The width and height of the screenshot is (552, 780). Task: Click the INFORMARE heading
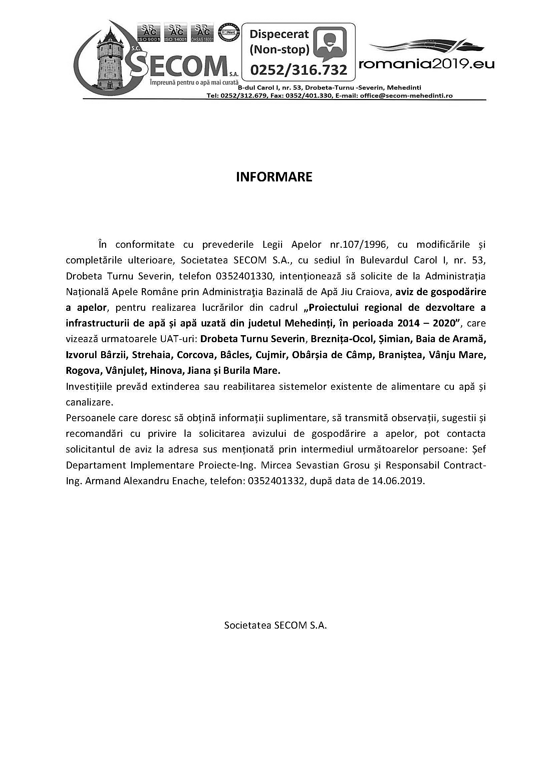274,177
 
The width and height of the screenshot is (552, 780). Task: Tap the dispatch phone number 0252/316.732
299,70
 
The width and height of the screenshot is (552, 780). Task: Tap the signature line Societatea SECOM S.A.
275,625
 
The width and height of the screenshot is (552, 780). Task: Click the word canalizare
88,403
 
